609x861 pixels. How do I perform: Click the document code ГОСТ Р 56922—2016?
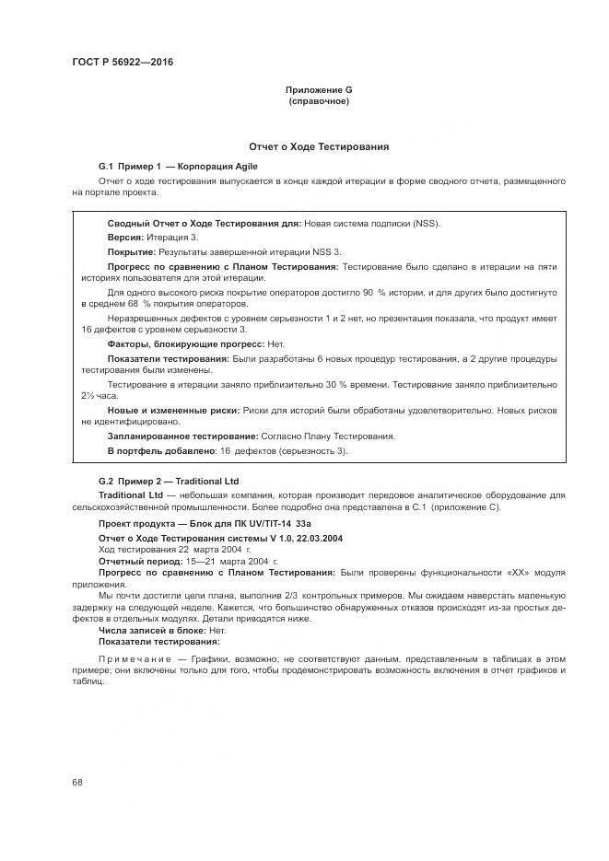(x=123, y=63)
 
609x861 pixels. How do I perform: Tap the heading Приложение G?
(x=319, y=90)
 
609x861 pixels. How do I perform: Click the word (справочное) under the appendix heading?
(x=319, y=101)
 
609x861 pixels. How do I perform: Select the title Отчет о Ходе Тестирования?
(x=319, y=146)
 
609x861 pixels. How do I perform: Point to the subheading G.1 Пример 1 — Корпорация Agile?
(x=178, y=167)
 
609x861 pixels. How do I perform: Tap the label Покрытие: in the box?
(x=132, y=251)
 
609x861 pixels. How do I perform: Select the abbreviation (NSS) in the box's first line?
(x=424, y=223)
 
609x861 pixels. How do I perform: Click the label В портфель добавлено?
(x=161, y=451)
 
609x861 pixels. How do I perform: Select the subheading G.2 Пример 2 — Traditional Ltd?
(x=169, y=481)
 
